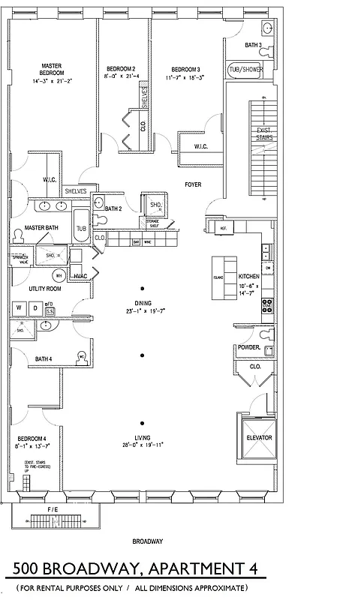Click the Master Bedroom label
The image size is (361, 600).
51,69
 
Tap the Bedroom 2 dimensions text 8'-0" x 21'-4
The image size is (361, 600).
120,76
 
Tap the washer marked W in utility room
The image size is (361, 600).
19,308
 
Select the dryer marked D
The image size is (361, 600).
34,308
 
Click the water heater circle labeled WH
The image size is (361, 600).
59,275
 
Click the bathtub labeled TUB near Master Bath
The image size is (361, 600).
81,227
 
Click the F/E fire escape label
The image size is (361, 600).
52,511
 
